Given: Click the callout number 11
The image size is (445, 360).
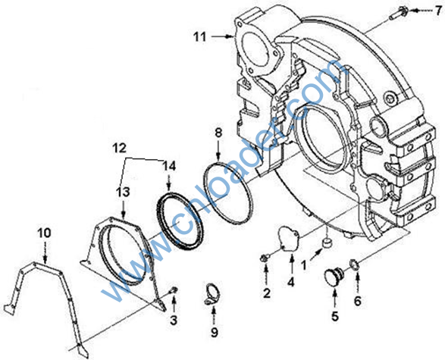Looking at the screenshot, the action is tap(200, 37).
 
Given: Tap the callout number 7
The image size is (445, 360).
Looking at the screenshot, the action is tap(438, 11).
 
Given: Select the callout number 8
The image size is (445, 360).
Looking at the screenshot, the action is tap(218, 133).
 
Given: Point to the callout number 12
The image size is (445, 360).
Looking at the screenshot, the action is tap(119, 148).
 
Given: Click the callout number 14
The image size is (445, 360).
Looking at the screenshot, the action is tap(169, 166).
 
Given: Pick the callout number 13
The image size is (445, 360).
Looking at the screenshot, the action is tap(123, 192).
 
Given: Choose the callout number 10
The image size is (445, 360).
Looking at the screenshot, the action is tap(44, 233).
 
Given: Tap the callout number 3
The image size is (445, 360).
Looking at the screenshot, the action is tap(174, 320).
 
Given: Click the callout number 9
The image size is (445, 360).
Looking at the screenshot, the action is tap(215, 332).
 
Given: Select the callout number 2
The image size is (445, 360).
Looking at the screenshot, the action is tap(267, 293).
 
